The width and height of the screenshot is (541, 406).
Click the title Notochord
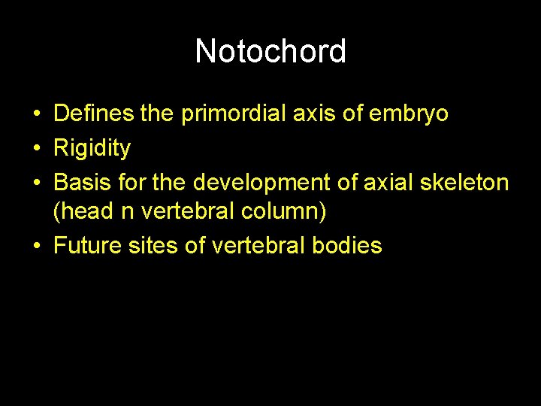pyautogui.click(x=270, y=51)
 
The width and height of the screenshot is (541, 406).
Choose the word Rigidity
pyautogui.click(x=92, y=149)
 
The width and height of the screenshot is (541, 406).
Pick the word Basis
pyautogui.click(x=80, y=183)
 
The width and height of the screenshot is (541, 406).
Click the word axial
pyautogui.click(x=400, y=183)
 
